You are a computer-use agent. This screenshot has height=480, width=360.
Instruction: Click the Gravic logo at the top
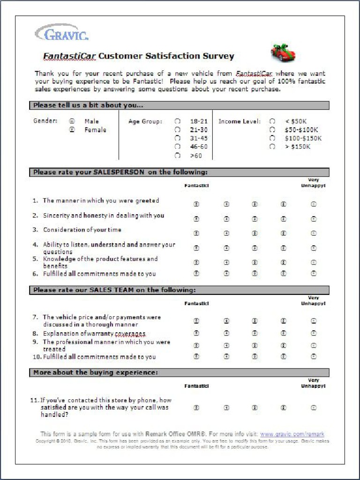tap(61, 33)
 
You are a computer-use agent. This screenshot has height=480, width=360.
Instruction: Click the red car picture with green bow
tap(283, 52)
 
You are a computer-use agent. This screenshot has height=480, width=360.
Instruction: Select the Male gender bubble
tap(72, 121)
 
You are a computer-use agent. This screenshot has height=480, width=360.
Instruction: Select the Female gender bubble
tap(72, 130)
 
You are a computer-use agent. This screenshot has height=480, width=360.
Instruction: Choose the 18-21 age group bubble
tap(178, 121)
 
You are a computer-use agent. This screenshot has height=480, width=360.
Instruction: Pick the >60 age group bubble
tap(178, 156)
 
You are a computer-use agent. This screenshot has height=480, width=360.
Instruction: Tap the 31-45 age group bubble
tap(178, 138)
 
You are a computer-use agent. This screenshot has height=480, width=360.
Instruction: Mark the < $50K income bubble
tap(272, 121)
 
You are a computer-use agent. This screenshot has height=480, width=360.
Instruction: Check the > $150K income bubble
tap(272, 147)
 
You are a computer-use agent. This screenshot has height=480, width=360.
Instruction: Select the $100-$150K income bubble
tap(272, 138)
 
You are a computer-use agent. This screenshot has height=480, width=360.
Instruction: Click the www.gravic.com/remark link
tap(292, 434)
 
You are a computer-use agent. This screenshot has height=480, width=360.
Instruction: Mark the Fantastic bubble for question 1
tap(196, 204)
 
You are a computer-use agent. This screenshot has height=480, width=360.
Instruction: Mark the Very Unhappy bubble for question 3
tap(314, 233)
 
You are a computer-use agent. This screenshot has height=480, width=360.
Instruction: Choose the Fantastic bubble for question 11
tap(196, 408)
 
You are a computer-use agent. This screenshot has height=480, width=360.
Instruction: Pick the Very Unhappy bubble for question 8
tap(314, 333)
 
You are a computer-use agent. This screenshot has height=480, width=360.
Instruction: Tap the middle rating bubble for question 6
tap(255, 273)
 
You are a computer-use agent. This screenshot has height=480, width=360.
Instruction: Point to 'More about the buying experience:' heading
tap(96, 373)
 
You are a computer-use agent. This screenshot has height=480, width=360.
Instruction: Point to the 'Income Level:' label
tap(240, 121)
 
